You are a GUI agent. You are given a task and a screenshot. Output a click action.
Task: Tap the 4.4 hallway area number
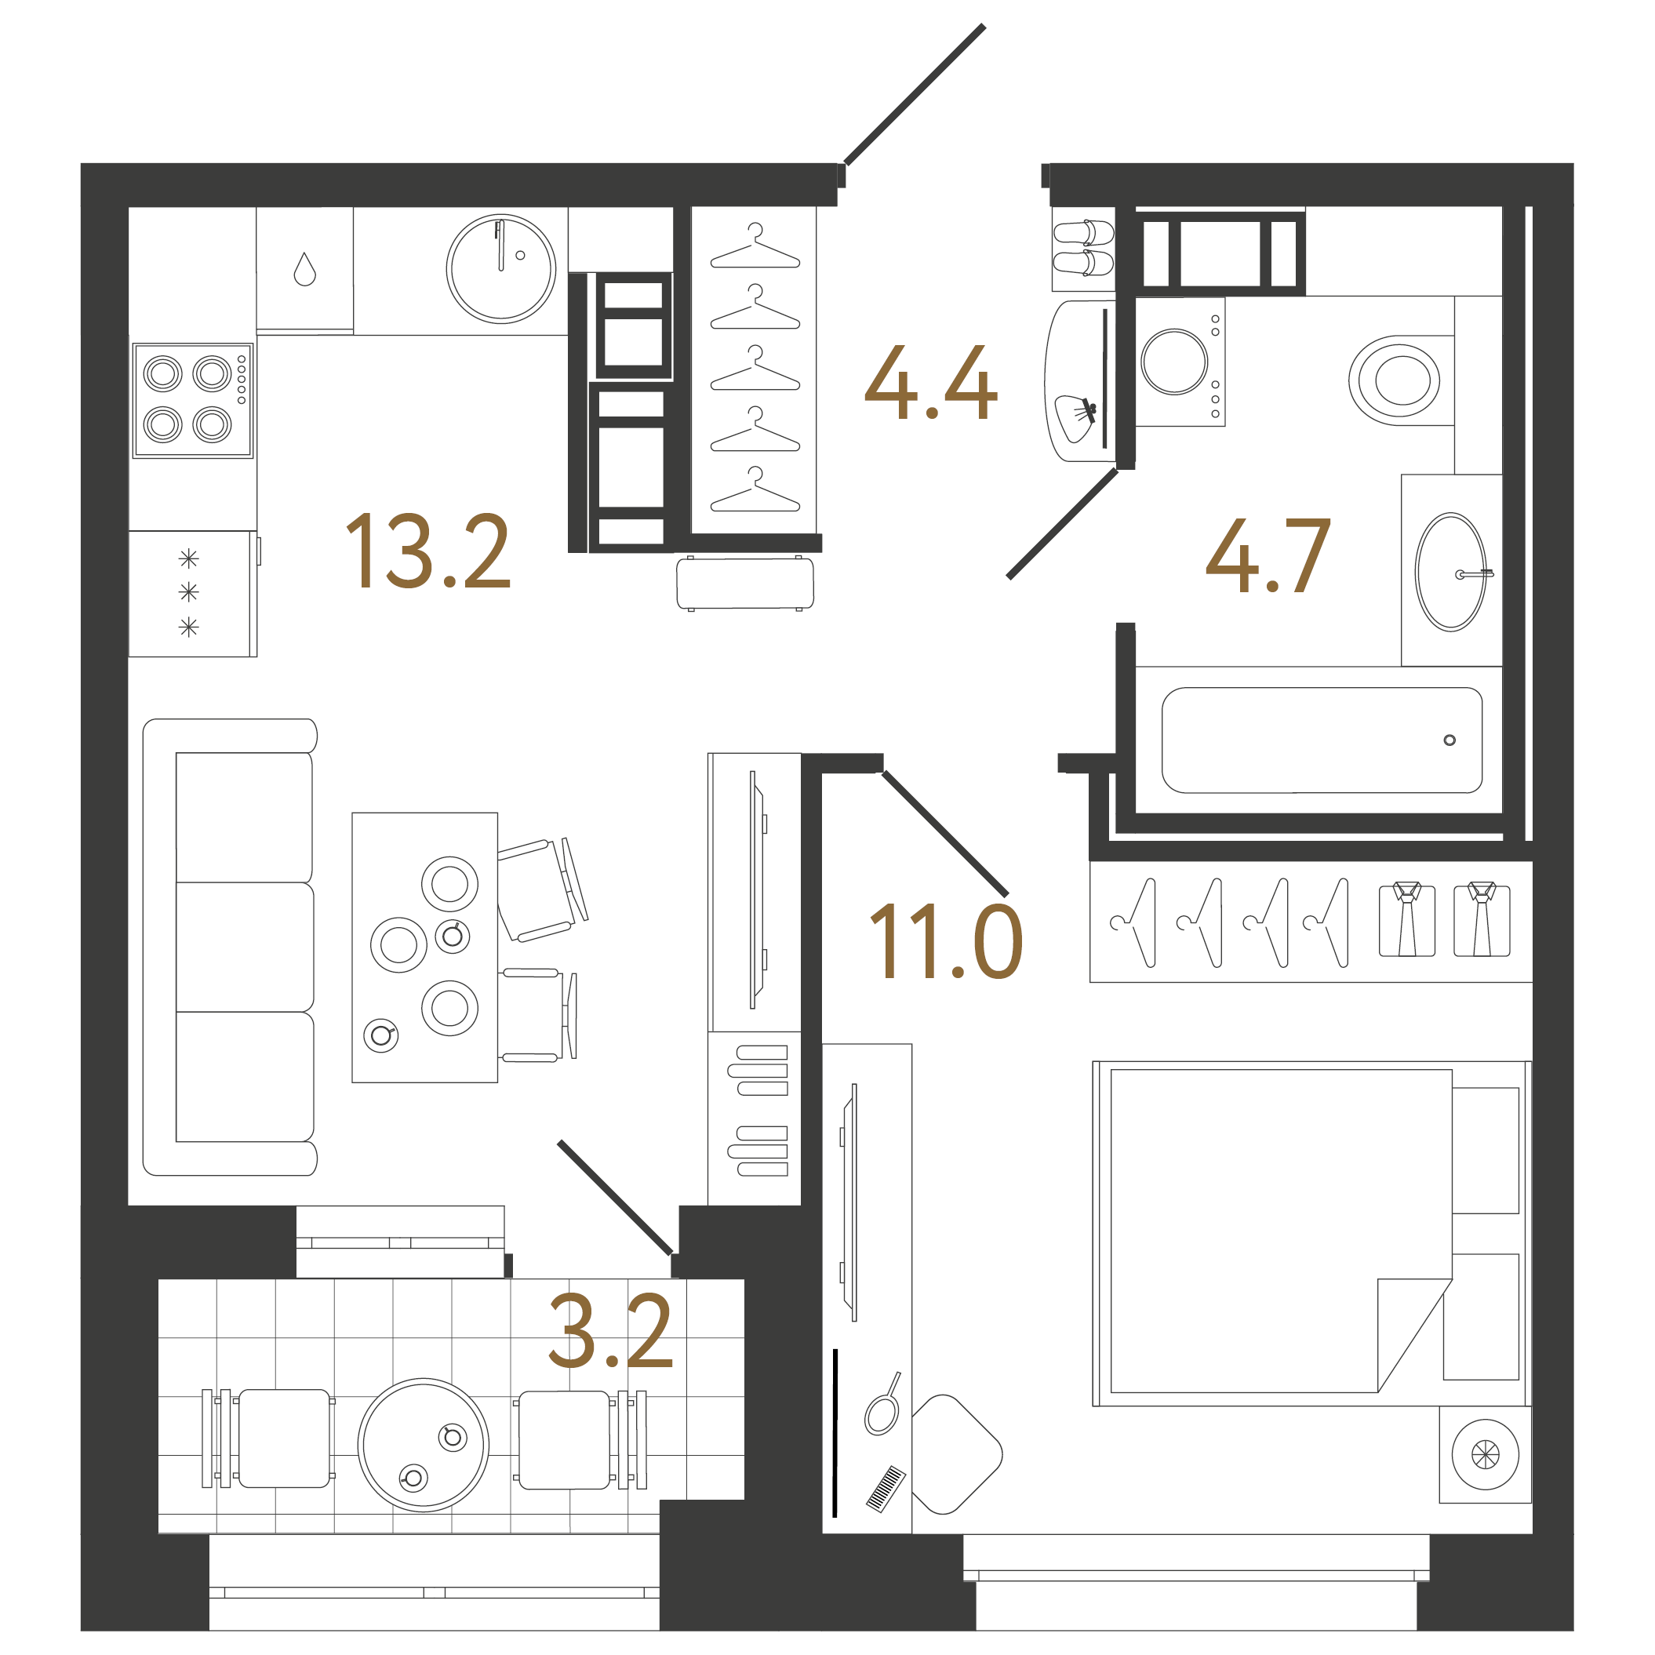pyautogui.click(x=930, y=383)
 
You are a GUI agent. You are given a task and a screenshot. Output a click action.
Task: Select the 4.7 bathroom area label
pyautogui.click(x=1268, y=556)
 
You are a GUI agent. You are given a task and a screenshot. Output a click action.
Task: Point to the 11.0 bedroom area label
pyautogui.click(x=946, y=941)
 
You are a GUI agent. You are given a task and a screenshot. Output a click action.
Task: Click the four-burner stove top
pyautogui.click(x=192, y=399)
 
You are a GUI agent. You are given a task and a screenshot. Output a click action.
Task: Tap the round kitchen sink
pyautogui.click(x=501, y=268)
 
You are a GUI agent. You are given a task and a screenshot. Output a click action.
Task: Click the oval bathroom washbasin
pyautogui.click(x=1451, y=573)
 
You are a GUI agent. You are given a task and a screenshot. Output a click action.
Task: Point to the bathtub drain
pyautogui.click(x=1449, y=740)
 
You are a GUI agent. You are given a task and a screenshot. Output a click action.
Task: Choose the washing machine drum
pyautogui.click(x=1173, y=362)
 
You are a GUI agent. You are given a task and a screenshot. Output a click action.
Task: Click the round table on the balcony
pyautogui.click(x=424, y=1444)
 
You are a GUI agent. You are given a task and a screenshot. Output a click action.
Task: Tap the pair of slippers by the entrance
pyautogui.click(x=1084, y=248)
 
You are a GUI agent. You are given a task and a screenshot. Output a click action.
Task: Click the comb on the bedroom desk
pyautogui.click(x=886, y=1488)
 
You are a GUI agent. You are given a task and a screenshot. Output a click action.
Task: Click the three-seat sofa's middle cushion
pyautogui.click(x=244, y=947)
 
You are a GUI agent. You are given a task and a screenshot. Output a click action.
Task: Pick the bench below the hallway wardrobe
pyautogui.click(x=744, y=584)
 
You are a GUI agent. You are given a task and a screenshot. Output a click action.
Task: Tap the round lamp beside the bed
pyautogui.click(x=1485, y=1453)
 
